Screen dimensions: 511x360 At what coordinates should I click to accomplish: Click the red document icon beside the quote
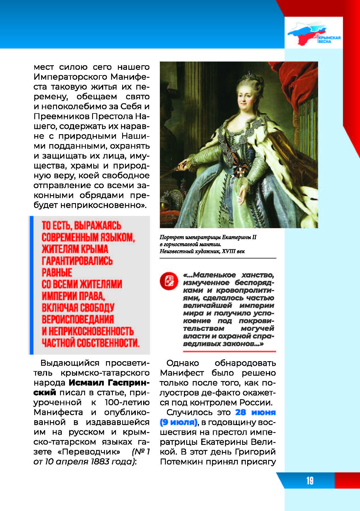[169, 281]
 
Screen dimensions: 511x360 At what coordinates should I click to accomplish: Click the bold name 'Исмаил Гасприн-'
[109, 383]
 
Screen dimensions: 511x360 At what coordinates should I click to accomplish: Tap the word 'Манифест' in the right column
[182, 373]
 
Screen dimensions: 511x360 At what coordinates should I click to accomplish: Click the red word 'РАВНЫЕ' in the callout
[57, 272]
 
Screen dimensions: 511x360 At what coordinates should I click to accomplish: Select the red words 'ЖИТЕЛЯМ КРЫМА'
[75, 249]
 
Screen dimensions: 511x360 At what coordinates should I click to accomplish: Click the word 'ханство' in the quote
[257, 275]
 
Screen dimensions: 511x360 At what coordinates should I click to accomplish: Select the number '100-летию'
[127, 402]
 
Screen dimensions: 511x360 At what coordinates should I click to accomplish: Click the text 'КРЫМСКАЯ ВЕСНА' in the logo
[329, 39]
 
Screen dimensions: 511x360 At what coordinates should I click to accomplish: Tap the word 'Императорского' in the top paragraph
[70, 77]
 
